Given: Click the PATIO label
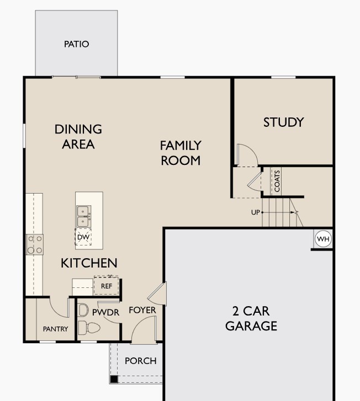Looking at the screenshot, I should [76, 44].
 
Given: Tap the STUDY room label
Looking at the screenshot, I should [283, 122].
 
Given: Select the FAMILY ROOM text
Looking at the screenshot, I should [180, 153].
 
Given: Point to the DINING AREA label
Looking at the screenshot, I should [78, 136].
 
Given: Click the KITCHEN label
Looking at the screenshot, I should [89, 263].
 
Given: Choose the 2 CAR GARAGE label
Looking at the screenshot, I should [251, 318].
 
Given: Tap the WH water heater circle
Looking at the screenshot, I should [322, 239].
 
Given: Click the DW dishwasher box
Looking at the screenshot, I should [83, 237].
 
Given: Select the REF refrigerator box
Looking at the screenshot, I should [106, 286].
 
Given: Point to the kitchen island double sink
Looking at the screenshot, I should [83, 216].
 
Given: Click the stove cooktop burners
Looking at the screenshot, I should [35, 244].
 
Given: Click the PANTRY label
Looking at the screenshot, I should [55, 329].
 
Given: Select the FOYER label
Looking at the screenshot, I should [142, 311].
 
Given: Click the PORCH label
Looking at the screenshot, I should [140, 361].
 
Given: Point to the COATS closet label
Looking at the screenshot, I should [277, 181].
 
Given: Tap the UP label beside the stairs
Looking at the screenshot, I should [256, 212].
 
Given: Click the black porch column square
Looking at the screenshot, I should [113, 379].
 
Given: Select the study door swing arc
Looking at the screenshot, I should [246, 154].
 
